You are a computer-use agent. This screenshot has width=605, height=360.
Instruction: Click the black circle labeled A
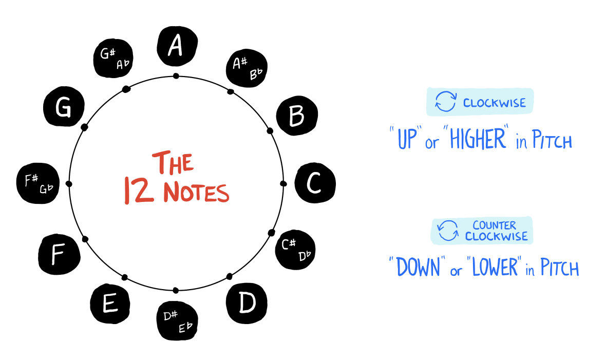click(176, 46)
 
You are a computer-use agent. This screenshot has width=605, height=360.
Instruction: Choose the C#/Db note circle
click(295, 250)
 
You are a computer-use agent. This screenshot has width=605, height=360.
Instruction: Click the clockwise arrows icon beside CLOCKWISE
click(445, 102)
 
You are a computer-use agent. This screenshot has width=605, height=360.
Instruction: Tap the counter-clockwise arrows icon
click(448, 231)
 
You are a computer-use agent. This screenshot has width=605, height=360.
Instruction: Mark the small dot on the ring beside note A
click(176, 76)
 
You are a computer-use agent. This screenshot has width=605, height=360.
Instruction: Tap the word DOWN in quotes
click(417, 267)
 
